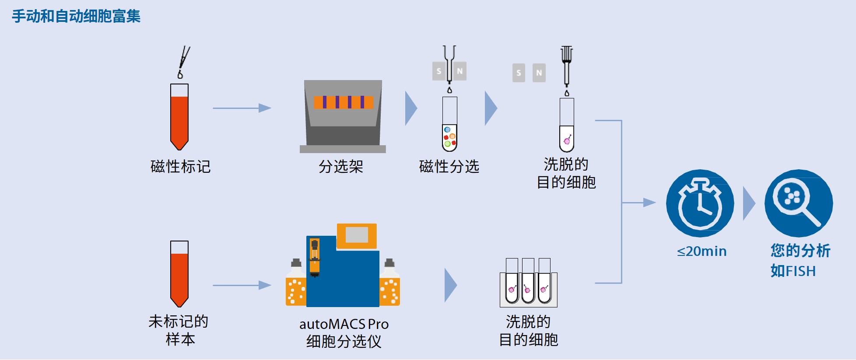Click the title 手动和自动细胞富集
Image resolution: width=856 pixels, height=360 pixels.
76,16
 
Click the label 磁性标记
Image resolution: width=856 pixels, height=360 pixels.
180,166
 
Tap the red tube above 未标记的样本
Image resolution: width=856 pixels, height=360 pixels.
179,275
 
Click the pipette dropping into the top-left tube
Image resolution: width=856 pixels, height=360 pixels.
183,61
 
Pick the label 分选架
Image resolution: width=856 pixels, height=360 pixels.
340,166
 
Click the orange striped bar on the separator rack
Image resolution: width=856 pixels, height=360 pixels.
344,102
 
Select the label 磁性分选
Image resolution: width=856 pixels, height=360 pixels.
449,166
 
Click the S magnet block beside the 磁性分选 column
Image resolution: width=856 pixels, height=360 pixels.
439,71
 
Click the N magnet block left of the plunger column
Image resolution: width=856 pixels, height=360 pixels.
539,73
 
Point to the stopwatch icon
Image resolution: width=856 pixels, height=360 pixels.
700,203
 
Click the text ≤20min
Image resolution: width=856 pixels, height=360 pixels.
702,251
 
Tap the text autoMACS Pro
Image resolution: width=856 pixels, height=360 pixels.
344,324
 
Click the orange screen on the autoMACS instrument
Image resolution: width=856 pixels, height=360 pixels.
357,235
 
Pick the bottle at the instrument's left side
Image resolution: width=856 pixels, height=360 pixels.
296,284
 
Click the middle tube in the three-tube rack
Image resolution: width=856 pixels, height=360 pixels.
528,282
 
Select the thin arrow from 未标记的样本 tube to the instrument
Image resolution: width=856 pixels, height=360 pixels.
242,286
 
